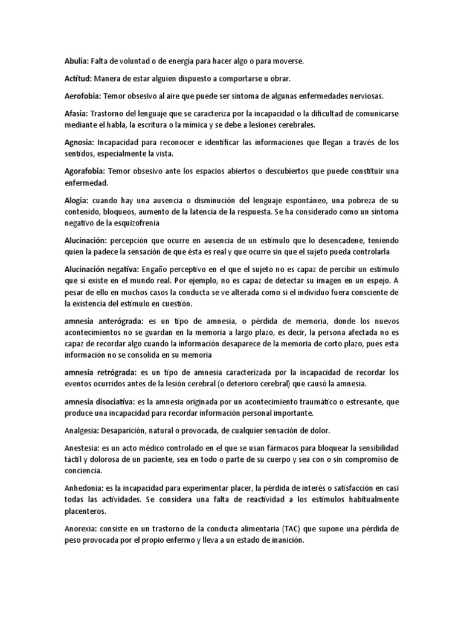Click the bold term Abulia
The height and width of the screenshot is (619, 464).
click(77, 61)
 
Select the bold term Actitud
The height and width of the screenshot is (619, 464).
click(78, 79)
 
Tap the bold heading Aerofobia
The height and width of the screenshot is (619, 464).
click(83, 96)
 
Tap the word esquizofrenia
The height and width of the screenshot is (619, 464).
click(137, 222)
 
